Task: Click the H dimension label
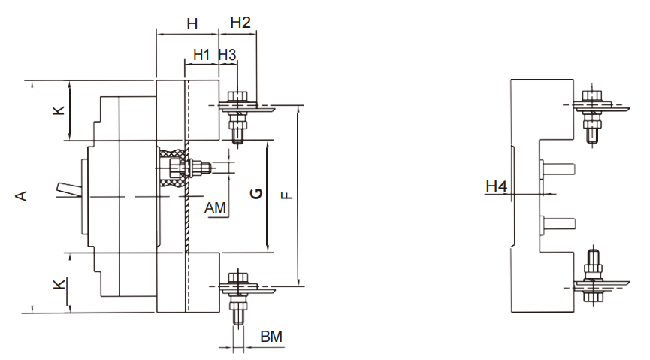[192, 24]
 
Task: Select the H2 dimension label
[240, 23]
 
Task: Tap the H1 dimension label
[201, 54]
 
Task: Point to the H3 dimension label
[227, 54]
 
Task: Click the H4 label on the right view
[496, 186]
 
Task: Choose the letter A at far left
[22, 195]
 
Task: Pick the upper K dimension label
[59, 110]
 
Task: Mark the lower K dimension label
[59, 285]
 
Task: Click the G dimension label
[256, 193]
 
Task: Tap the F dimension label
[287, 195]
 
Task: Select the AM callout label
[215, 207]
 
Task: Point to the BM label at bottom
[271, 337]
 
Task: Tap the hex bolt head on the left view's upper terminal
[237, 97]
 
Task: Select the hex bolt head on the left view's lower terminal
[237, 277]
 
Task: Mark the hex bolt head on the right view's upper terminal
[592, 96]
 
